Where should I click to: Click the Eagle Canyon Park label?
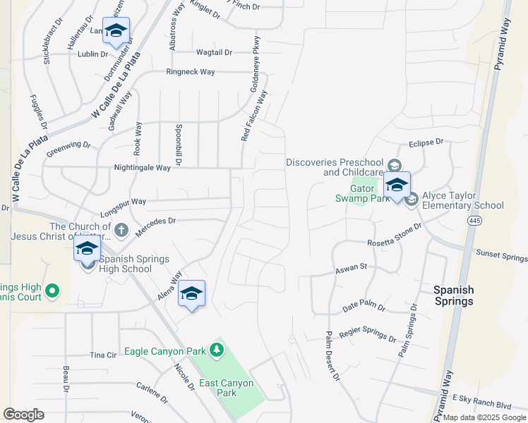pyautogui.click(x=166, y=351)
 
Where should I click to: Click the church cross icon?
pyautogui.click(x=121, y=230)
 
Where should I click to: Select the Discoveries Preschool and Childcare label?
pyautogui.click(x=335, y=167)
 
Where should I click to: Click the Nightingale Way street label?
pyautogui.click(x=143, y=168)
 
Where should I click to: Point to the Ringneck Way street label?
pyautogui.click(x=190, y=72)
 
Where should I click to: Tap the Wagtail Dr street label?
pyautogui.click(x=214, y=52)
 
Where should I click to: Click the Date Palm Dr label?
pyautogui.click(x=364, y=307)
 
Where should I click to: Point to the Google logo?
pyautogui.click(x=23, y=415)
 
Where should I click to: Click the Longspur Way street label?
pyautogui.click(x=123, y=204)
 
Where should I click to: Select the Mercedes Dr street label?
pyautogui.click(x=155, y=226)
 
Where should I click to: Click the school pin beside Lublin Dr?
pyautogui.click(x=116, y=31)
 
